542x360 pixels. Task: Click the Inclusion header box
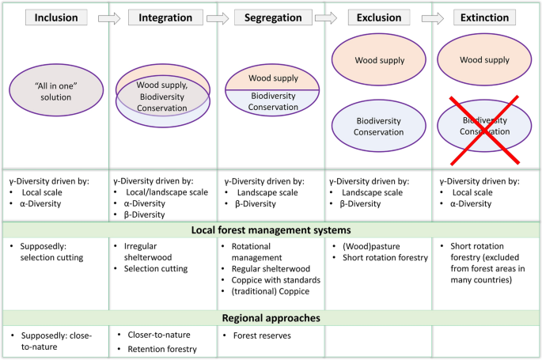[x=56, y=17]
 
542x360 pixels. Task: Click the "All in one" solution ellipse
[x=56, y=90]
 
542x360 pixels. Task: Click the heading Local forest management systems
[x=271, y=230]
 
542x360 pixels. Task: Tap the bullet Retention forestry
[x=162, y=348]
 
